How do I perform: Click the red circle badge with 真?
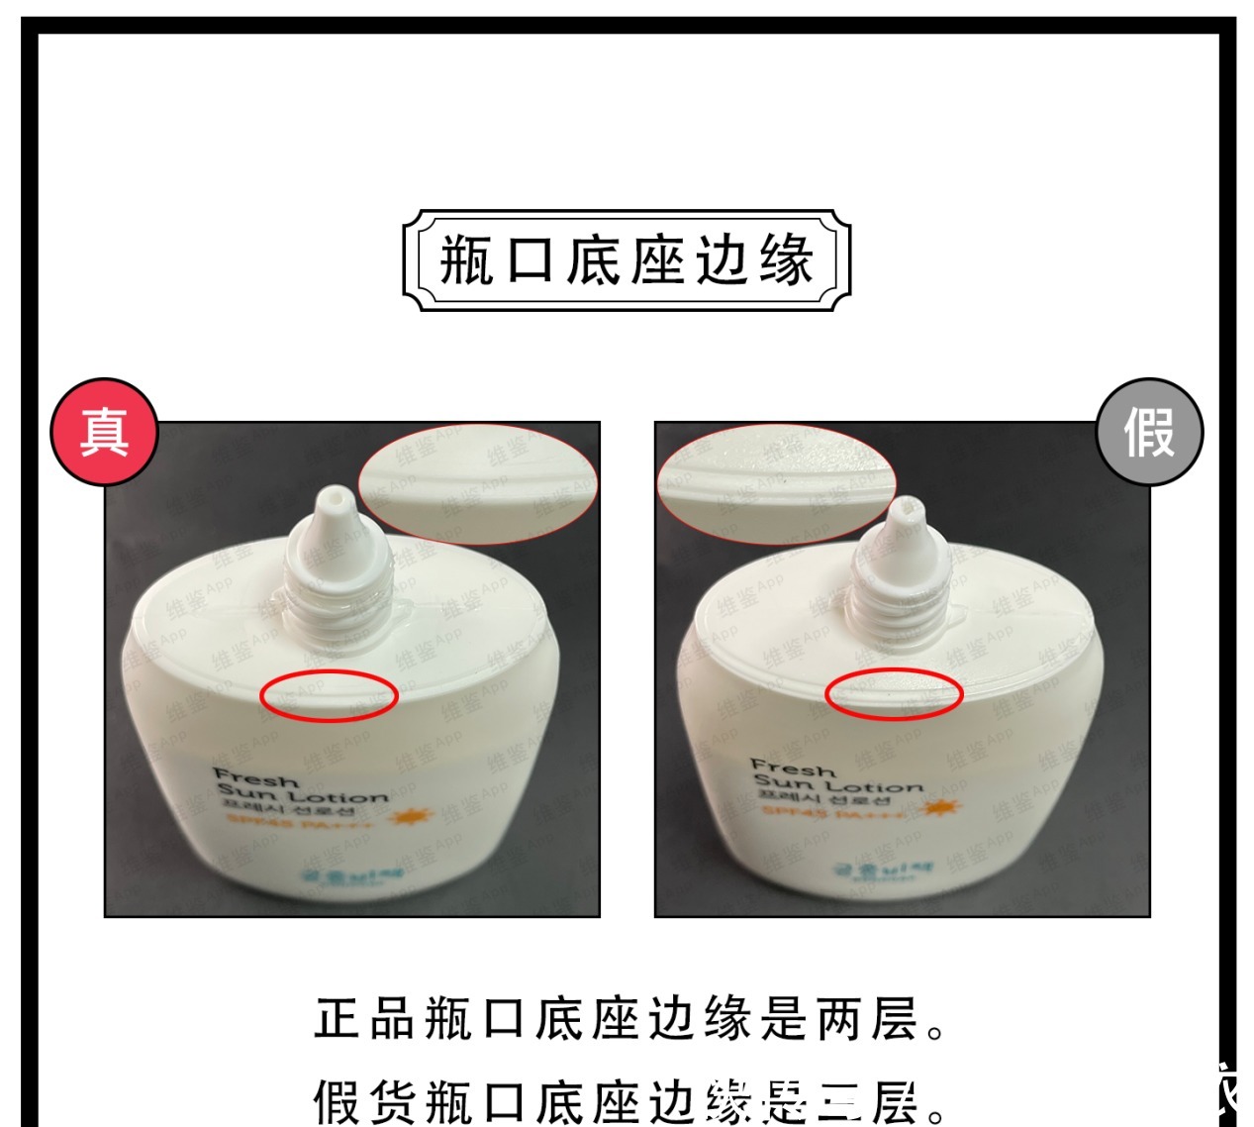pos(104,432)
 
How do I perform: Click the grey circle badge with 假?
pos(1149,432)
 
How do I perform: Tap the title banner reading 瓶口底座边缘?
pos(627,260)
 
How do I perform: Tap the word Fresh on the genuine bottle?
pos(255,777)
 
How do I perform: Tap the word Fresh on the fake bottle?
pos(793,768)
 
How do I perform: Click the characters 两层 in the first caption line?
pos(867,1019)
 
